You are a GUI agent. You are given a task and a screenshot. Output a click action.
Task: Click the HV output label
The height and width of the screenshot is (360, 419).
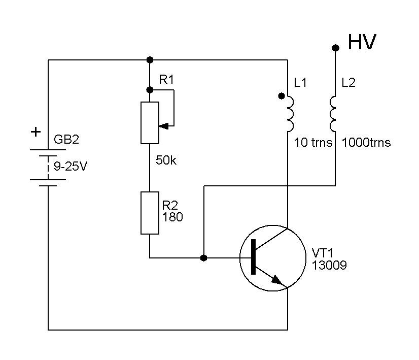[362, 43]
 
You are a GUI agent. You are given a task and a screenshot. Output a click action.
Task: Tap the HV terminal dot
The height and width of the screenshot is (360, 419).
[335, 48]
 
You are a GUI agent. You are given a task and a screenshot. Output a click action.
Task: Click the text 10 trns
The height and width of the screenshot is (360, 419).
[313, 143]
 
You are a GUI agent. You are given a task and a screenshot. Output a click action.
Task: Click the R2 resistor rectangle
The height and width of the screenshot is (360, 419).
[150, 213]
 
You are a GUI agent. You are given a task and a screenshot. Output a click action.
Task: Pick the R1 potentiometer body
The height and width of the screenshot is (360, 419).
[150, 122]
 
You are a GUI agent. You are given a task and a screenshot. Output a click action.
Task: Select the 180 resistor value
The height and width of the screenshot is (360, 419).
[172, 217]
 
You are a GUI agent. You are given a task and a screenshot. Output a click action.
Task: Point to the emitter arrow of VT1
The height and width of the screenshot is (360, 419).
[277, 279]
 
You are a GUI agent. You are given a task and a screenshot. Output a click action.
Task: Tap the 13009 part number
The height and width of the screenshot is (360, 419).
[330, 265]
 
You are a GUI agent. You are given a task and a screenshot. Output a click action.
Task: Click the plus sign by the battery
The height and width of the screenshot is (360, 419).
[36, 133]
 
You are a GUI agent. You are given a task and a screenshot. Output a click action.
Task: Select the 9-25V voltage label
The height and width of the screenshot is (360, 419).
[71, 165]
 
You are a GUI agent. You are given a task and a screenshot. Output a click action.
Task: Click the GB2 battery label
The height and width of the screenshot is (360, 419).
[66, 141]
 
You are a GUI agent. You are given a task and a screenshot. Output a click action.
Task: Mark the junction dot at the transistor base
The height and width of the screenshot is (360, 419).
[203, 258]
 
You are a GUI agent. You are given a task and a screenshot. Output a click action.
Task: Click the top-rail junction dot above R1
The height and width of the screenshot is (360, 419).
[150, 60]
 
